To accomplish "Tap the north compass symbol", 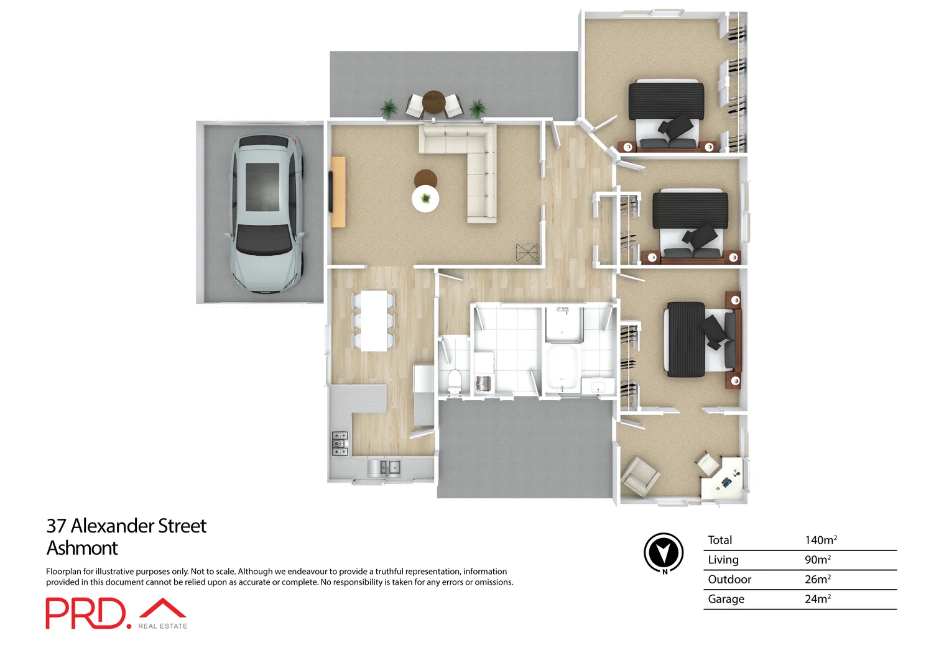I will tap(664, 552).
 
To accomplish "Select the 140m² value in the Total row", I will tap(820, 540).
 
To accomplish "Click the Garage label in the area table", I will tap(726, 599).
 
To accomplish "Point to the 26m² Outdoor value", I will tap(817, 579).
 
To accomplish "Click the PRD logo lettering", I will tap(86, 613).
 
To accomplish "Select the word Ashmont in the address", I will tap(82, 548).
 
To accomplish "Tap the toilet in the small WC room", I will tap(455, 381).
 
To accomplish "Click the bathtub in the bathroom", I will tap(562, 368).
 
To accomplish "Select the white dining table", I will tap(374, 321).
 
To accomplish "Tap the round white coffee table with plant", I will tap(425, 199).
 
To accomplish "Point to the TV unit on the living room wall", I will tap(338, 192).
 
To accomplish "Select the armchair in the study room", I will tap(641, 475).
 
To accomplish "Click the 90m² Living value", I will tap(817, 560).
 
